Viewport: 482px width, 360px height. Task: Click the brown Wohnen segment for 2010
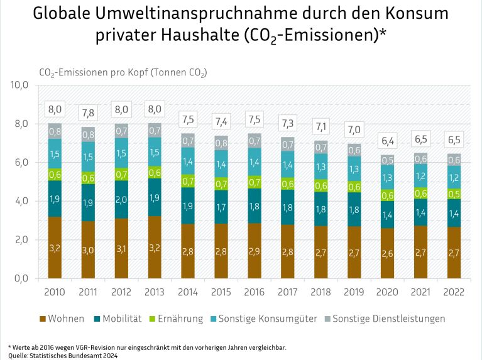pos(55,248)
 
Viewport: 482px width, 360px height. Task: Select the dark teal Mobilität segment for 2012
pos(121,199)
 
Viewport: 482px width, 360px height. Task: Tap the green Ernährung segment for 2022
pos(454,194)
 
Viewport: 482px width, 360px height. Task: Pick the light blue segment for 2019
pos(354,169)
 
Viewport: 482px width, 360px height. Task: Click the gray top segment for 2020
pos(387,160)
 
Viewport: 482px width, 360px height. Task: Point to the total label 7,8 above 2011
pos(88,114)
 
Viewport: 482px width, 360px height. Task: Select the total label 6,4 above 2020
pos(388,141)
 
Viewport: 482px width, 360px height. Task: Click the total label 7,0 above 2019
pos(354,130)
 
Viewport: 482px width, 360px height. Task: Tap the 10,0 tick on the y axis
pos(19,85)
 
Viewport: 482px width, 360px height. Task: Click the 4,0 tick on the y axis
pos(21,201)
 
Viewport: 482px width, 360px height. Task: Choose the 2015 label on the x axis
pos(221,292)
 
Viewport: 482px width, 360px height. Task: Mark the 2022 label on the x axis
pos(454,292)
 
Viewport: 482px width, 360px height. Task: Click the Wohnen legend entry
pos(62,319)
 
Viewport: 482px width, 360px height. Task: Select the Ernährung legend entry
pos(176,319)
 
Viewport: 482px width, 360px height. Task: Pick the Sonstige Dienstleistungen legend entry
pos(385,319)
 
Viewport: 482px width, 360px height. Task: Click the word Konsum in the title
pos(417,14)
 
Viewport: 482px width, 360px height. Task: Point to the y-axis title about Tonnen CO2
pos(123,73)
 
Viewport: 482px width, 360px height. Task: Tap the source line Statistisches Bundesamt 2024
pos(63,356)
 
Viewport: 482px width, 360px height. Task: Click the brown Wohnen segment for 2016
pos(255,251)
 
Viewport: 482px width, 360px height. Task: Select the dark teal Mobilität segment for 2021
pos(421,212)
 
